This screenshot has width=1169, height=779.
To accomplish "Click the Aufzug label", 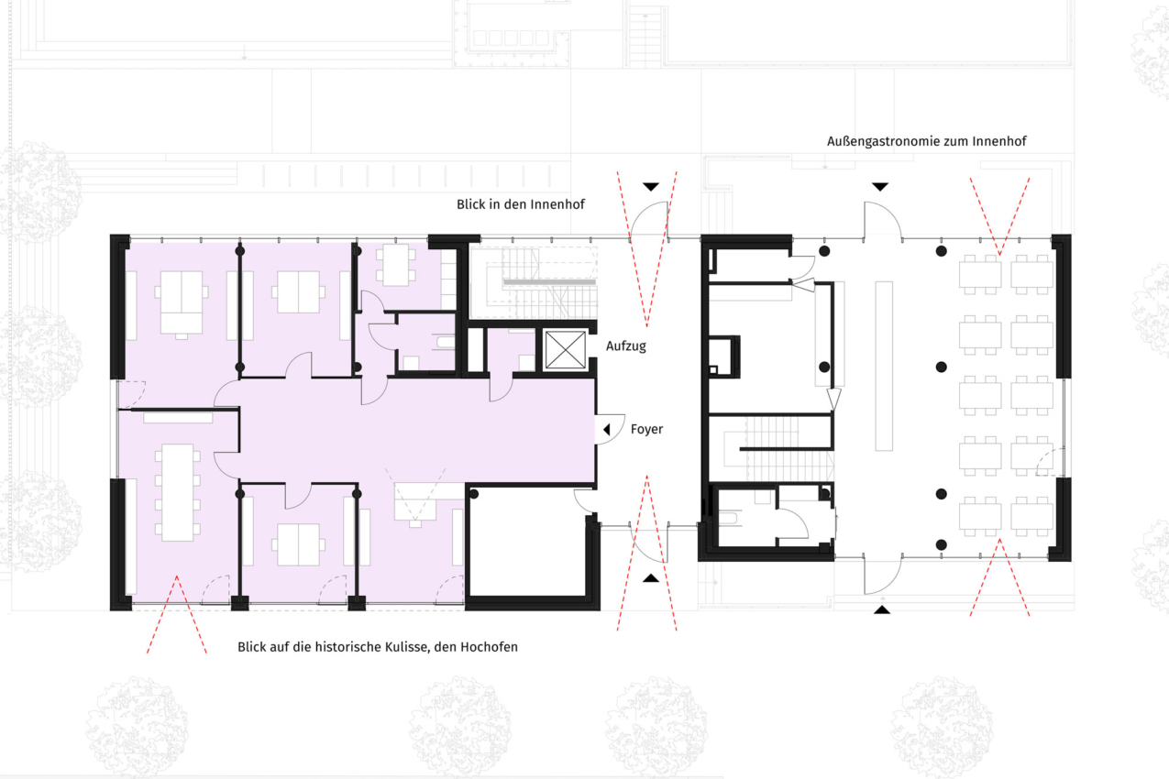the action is click(625, 346).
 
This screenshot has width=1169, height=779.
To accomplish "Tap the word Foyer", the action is click(646, 430).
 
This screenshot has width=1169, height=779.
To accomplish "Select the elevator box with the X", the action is click(565, 350).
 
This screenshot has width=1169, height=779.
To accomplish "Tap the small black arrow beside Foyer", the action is click(606, 430).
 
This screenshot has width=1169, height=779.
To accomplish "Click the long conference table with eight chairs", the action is click(178, 492).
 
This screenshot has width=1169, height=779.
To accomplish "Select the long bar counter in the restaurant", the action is click(884, 366).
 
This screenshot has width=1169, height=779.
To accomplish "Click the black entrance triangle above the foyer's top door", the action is click(651, 186).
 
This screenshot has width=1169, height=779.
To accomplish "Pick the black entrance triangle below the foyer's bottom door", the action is click(651, 578).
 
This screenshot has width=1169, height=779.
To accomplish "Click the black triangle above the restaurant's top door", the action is click(880, 186).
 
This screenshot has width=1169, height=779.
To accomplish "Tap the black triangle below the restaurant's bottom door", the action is click(882, 609).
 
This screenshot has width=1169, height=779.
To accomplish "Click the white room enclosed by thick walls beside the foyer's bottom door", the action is click(527, 543).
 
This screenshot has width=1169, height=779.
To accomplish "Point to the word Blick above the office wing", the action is click(470, 204).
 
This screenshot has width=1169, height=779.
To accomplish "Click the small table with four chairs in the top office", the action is click(395, 265).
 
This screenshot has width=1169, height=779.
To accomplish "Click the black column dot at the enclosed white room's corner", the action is click(474, 494).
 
